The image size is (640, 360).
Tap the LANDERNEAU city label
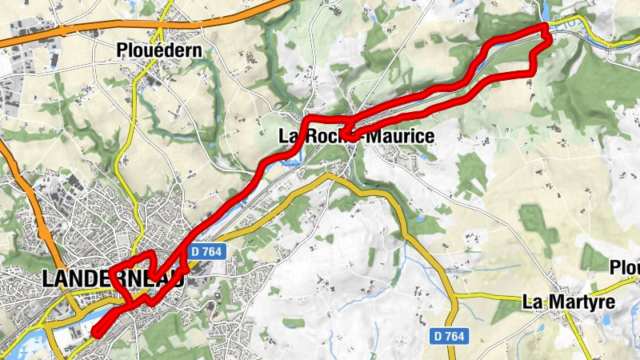coord(112,279)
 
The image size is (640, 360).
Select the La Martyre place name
coord(568,302)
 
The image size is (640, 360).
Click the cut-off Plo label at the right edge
coord(626,266)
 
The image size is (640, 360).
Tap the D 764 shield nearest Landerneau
coord(206,251)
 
